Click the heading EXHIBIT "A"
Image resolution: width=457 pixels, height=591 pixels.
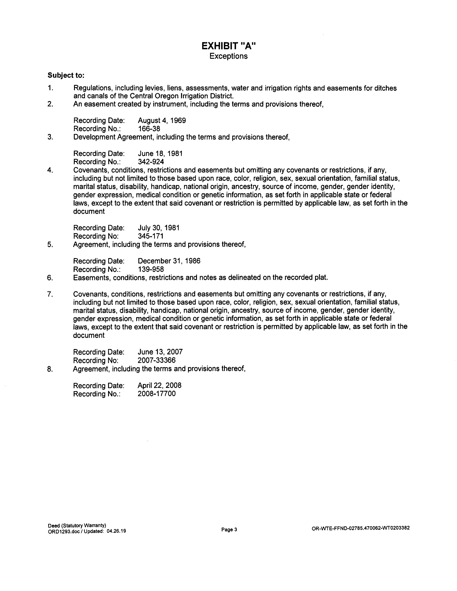pos(229,46)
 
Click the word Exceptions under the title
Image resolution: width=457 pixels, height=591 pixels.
pos(229,56)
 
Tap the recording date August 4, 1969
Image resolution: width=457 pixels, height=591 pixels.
pos(162,120)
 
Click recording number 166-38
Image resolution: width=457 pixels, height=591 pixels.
pos(149,129)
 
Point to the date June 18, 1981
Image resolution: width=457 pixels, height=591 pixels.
pos(160,153)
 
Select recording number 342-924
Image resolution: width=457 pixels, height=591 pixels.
pos(151,162)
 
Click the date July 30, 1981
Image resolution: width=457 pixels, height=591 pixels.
pos(159,228)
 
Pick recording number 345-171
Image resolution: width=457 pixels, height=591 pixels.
pos(151,236)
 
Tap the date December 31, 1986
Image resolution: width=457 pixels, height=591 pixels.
pos(169,261)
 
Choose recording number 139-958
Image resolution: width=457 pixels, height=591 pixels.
pos(151,269)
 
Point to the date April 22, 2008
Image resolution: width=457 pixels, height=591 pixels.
pos(160,385)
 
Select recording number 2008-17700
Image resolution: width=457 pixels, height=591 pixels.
pos(156,393)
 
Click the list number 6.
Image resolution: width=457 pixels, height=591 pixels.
pos(50,278)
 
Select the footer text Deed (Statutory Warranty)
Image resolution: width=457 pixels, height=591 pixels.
pos(77,525)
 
